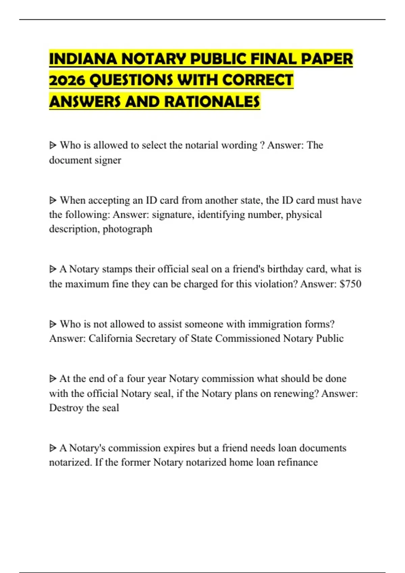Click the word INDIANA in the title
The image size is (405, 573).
point(83,59)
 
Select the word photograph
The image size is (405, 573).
point(127,229)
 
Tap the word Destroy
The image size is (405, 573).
point(66,408)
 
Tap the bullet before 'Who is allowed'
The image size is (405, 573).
point(53,146)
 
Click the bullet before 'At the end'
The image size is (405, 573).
point(53,379)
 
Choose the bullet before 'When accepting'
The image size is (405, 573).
point(53,201)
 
